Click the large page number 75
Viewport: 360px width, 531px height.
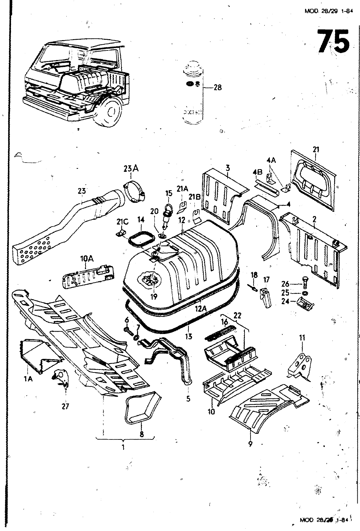pyautogui.click(x=333, y=41)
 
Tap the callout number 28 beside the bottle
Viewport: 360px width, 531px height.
pyautogui.click(x=217, y=88)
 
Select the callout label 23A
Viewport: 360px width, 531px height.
pyautogui.click(x=131, y=169)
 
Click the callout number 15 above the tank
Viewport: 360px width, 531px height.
pyautogui.click(x=169, y=193)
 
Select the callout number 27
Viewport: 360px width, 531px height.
pyautogui.click(x=65, y=406)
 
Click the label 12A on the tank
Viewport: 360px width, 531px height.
pyautogui.click(x=200, y=308)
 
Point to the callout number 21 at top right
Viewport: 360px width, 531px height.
pyautogui.click(x=316, y=150)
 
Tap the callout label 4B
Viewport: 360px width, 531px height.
pyautogui.click(x=257, y=172)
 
